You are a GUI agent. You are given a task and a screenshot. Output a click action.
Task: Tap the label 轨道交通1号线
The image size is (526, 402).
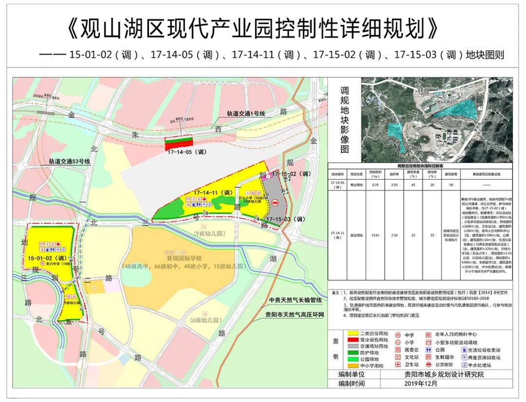tap(245, 113)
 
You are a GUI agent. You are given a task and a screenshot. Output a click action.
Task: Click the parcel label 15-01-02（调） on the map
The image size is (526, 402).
tap(47, 257)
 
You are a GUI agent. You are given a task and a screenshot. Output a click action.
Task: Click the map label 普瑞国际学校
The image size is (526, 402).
tap(184, 258)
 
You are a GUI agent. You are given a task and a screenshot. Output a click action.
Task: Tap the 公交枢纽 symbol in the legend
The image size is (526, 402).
tap(429, 365)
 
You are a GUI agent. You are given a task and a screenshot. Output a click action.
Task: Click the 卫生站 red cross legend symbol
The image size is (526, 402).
tap(397, 365)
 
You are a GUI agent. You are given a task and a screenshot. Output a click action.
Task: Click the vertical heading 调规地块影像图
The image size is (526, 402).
tap(345, 120)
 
